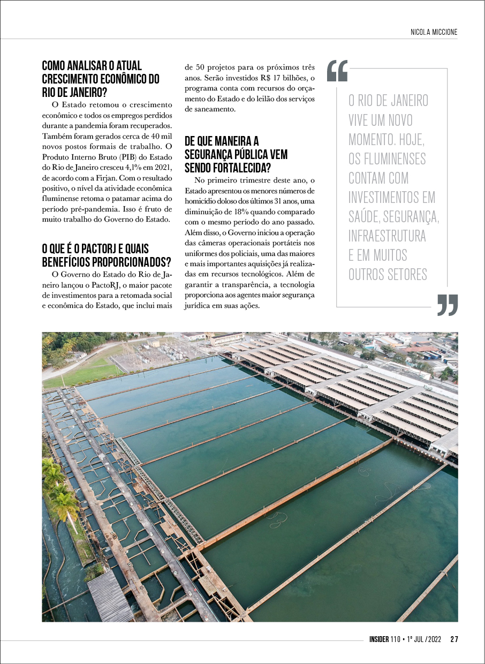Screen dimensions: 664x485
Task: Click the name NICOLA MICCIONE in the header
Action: click(430, 32)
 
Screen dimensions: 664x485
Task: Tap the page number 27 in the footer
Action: click(454, 639)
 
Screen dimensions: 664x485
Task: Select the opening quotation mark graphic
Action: click(337, 71)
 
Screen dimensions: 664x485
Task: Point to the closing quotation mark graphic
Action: click(448, 305)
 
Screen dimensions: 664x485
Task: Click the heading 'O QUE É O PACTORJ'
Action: click(95, 249)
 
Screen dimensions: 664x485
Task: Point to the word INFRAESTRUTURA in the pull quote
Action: click(387, 236)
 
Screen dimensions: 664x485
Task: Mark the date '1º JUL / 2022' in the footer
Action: click(423, 639)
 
